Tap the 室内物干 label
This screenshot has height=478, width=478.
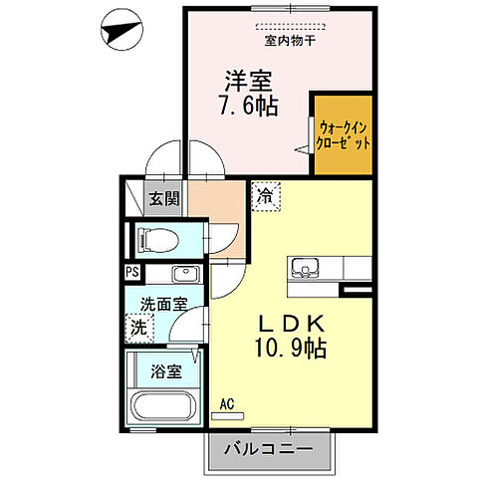tap(290, 41)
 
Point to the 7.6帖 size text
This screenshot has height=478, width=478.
tap(248, 104)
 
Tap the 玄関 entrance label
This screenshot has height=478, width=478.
tap(164, 198)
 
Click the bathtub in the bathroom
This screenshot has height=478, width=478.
tap(162, 408)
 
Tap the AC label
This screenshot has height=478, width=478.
tap(226, 403)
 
